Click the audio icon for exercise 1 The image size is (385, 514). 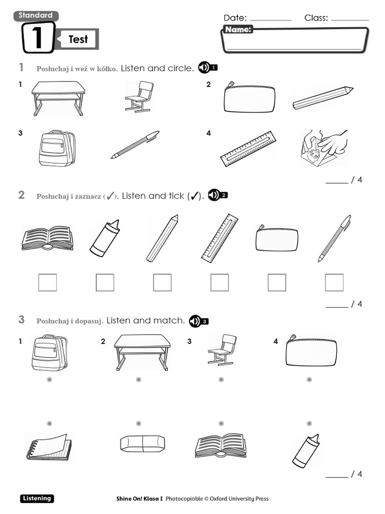pos(208,68)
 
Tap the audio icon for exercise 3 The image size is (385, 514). pos(199,321)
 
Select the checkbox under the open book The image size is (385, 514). pos(48,283)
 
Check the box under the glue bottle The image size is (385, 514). pos(105,283)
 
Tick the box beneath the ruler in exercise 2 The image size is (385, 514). pos(220,283)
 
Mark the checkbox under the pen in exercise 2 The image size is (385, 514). pos(334,283)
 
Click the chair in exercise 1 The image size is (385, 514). pos(139,96)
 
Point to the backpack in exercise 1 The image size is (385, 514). pos(57,148)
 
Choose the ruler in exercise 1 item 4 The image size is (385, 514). pos(248,149)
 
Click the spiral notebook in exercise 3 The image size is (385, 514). pos(48,447)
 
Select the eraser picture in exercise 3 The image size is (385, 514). pos(142,443)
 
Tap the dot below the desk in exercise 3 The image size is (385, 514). pos(138,379)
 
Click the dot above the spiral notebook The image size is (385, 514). pos(49,423)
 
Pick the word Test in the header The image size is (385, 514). pos(78,39)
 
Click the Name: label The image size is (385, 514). pos(238,30)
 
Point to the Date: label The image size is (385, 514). pos(235,18)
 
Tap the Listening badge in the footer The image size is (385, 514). pos(37,498)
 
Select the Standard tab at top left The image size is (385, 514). pos(36,16)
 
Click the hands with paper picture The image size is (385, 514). pos(324,149)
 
